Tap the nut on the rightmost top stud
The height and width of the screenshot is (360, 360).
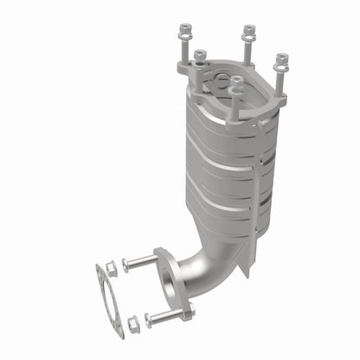pyautogui.click(x=281, y=61)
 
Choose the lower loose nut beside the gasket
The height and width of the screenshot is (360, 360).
pyautogui.click(x=132, y=324)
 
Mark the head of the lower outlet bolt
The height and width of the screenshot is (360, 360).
pyautogui.click(x=148, y=318)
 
